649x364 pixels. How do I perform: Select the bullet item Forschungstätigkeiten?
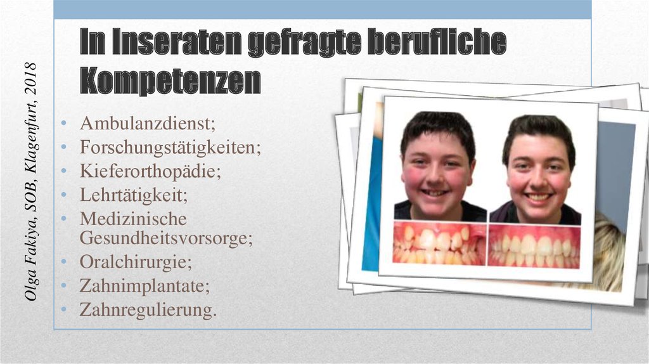pyautogui.click(x=170, y=148)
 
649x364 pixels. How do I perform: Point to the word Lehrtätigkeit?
pyautogui.click(x=133, y=195)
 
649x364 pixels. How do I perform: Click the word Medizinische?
pyautogui.click(x=132, y=219)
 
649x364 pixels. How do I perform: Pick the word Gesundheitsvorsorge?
pyautogui.click(x=165, y=238)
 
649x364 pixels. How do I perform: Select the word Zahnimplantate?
pyautogui.click(x=144, y=286)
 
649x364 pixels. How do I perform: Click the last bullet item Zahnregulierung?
pyautogui.click(x=148, y=309)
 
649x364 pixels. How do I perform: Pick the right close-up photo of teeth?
pyautogui.click(x=534, y=246)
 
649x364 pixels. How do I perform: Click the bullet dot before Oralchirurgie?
pyautogui.click(x=64, y=263)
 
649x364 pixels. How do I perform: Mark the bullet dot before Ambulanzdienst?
pyautogui.click(x=64, y=124)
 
